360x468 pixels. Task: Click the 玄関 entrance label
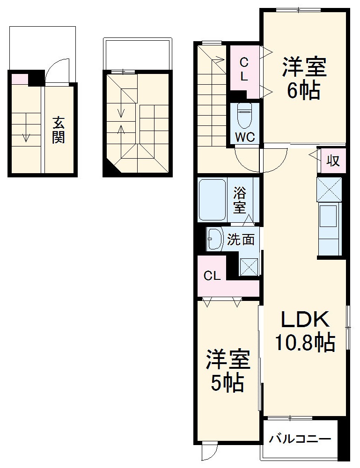click(59, 130)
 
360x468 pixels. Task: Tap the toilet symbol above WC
click(244, 115)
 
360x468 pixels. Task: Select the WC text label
click(244, 138)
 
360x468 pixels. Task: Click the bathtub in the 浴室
click(213, 200)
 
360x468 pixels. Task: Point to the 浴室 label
click(240, 200)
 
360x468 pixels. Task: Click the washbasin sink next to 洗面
click(215, 240)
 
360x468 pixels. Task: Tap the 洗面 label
click(241, 240)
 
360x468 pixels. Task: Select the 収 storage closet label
click(333, 161)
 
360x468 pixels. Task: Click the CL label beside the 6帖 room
click(244, 69)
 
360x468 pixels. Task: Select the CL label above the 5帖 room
click(212, 276)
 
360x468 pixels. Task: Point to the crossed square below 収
click(330, 189)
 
